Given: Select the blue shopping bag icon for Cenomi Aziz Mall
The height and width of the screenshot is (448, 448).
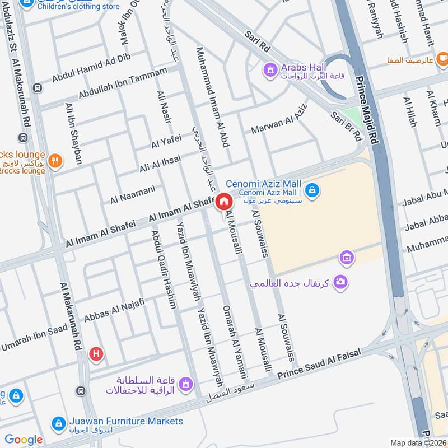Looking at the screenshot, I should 313,190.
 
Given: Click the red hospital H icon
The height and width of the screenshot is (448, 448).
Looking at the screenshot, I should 96,353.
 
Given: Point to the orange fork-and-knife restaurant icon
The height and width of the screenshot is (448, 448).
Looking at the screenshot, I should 55,161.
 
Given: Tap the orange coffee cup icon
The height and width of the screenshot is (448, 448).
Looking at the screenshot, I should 442,58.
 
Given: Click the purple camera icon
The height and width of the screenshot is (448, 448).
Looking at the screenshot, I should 339,282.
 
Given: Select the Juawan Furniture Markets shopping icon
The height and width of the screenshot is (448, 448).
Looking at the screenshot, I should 57,423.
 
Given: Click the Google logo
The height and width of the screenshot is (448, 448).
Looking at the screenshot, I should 24,440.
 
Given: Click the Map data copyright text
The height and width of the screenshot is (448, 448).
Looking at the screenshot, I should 418,442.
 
